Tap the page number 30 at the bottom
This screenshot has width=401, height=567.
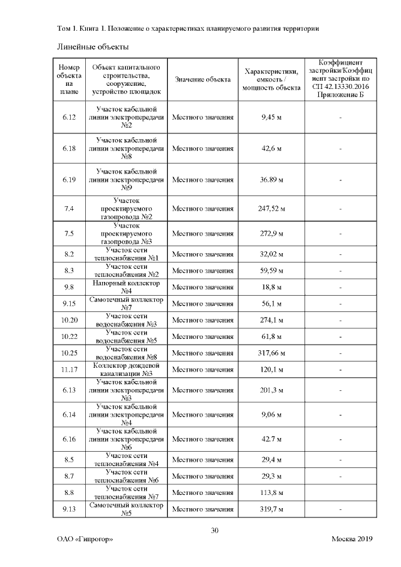[x=214, y=531]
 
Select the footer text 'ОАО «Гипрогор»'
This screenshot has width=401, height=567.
[x=85, y=540]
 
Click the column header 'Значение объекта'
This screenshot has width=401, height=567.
[x=202, y=79]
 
